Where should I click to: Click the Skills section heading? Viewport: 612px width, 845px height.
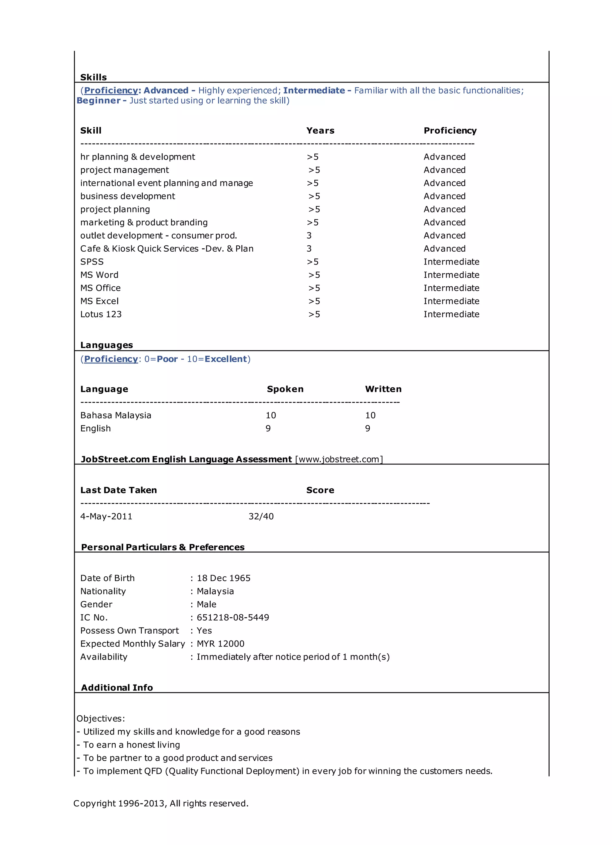pos(94,77)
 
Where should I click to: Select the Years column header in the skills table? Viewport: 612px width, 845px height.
pos(320,130)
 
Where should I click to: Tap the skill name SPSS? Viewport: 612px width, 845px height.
pos(92,262)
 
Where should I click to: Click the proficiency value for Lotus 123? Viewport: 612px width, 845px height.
pos(451,314)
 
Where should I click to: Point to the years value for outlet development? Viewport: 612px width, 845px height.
pos(309,236)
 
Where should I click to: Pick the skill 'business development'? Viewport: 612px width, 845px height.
pos(127,196)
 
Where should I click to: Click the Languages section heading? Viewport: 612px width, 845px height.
pos(106,345)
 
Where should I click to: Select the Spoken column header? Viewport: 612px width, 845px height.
pos(285,389)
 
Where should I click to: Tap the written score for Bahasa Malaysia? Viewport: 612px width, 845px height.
pos(370,415)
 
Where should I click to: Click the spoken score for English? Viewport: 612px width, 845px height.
pos(268,428)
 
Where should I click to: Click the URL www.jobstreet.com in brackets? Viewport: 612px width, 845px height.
pos(339,459)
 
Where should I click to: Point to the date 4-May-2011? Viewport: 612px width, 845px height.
pos(106,517)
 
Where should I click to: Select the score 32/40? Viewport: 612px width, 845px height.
pos(261,517)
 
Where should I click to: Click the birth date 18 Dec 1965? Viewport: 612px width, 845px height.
pos(224,578)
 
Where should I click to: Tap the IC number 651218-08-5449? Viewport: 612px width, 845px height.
pos(233,617)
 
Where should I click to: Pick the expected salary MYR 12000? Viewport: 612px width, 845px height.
pos(221,644)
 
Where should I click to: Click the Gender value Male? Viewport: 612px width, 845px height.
pos(206,604)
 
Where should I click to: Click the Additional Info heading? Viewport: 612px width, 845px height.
pos(117,687)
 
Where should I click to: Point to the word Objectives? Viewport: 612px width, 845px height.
pos(100,718)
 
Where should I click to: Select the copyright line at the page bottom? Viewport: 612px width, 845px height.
pos(160,803)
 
